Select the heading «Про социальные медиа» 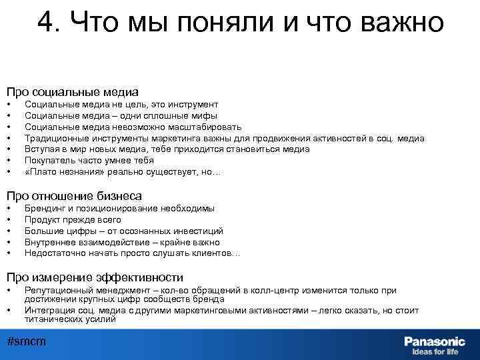73,92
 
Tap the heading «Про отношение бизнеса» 74,196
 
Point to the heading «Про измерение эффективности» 95,277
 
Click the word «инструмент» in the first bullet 193,105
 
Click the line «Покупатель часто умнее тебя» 89,160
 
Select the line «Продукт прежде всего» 73,219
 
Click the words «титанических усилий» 70,319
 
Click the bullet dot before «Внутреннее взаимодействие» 9,242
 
